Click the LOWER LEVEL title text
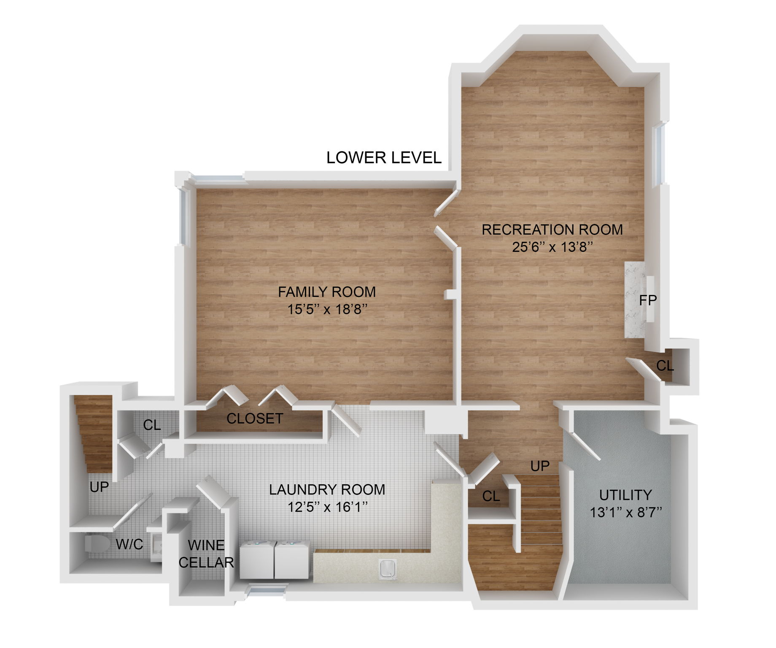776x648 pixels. point(383,158)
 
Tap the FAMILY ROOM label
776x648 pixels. point(326,292)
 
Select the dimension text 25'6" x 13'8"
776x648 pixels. point(552,247)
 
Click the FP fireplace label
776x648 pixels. point(647,300)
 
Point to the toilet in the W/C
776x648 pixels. point(97,543)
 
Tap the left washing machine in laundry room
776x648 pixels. point(257,560)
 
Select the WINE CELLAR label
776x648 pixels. point(206,554)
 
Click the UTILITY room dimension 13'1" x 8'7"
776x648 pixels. point(625,513)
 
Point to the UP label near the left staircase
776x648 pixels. point(99,487)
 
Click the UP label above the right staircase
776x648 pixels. point(540,466)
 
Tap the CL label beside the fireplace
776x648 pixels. point(665,366)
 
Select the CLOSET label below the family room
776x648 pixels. point(255,418)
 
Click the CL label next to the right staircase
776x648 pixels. point(491,497)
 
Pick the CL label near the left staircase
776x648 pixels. point(152,425)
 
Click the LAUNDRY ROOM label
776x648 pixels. point(327,490)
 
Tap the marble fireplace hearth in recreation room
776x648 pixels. point(633,299)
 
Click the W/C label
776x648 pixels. point(129,544)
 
